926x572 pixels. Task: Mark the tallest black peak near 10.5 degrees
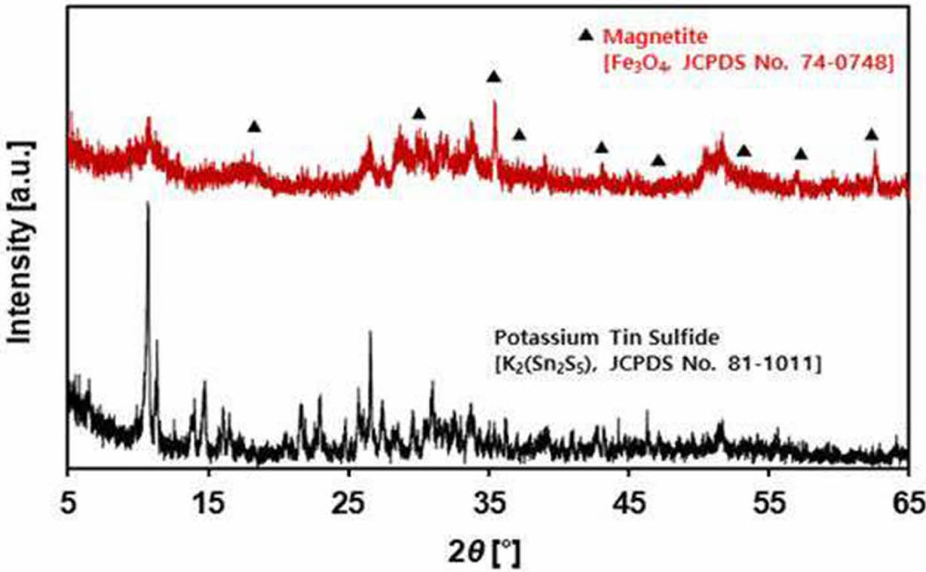[x=148, y=204]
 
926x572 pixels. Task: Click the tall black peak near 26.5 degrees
[x=369, y=332]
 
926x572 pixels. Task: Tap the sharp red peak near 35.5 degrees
[x=495, y=102]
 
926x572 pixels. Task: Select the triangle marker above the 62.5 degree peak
[x=872, y=135]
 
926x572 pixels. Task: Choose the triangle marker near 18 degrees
[x=254, y=127]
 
